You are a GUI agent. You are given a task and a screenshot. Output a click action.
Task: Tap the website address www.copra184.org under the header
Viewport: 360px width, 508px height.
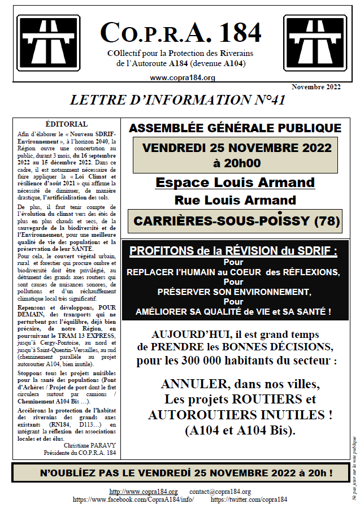tap(183, 78)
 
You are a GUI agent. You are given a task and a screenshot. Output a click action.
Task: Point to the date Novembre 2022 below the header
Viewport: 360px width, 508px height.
tap(316, 87)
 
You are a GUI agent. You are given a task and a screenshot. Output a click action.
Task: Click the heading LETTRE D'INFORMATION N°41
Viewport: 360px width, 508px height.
tap(177, 100)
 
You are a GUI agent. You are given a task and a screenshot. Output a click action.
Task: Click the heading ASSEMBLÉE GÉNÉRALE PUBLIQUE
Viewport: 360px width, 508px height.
tap(235, 128)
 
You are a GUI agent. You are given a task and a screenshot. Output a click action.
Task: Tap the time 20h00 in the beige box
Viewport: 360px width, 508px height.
tap(236, 163)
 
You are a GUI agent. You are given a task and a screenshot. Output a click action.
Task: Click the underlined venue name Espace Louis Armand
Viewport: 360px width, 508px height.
tap(235, 183)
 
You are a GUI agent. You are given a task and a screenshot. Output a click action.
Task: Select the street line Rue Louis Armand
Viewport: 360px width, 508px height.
tap(235, 200)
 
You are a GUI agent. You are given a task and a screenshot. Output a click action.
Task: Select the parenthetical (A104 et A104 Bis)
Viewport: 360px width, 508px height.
tap(240, 430)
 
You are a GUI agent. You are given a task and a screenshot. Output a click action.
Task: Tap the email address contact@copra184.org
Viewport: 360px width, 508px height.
tap(220, 492)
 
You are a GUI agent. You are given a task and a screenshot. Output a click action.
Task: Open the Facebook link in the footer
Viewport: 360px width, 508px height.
tap(133, 500)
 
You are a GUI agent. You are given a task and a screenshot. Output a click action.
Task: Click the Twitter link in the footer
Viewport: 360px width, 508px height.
tap(249, 500)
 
